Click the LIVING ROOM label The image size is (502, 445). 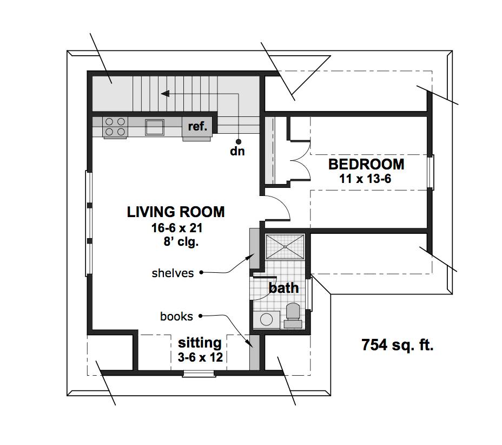(176, 212)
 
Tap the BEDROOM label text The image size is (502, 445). (366, 165)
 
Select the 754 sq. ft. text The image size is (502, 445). (397, 345)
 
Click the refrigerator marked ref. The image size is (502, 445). (197, 127)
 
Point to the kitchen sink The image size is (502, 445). (155, 127)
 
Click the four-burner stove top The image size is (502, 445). (115, 127)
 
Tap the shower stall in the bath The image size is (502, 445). (285, 247)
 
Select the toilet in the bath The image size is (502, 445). (293, 316)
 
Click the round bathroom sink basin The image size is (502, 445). (266, 319)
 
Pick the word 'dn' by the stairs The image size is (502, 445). (237, 151)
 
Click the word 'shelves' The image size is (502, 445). (173, 273)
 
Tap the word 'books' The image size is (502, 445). (176, 317)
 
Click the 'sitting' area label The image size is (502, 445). (200, 343)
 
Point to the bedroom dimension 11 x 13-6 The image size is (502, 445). (365, 179)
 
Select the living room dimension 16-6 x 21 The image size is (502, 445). (177, 228)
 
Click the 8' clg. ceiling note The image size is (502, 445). (181, 241)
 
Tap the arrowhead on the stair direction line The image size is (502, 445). (165, 94)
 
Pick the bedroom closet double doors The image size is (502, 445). (300, 161)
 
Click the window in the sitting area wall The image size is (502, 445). (199, 374)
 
